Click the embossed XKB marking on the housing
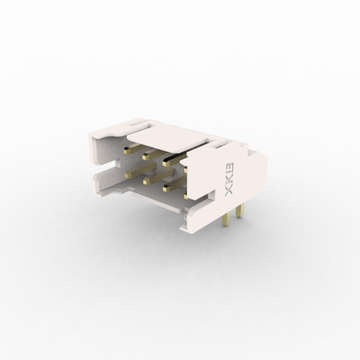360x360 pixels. tap(229, 179)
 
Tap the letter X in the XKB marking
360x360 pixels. tap(229, 191)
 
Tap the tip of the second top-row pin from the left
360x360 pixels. tap(145, 157)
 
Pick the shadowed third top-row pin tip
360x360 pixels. tap(166, 164)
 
